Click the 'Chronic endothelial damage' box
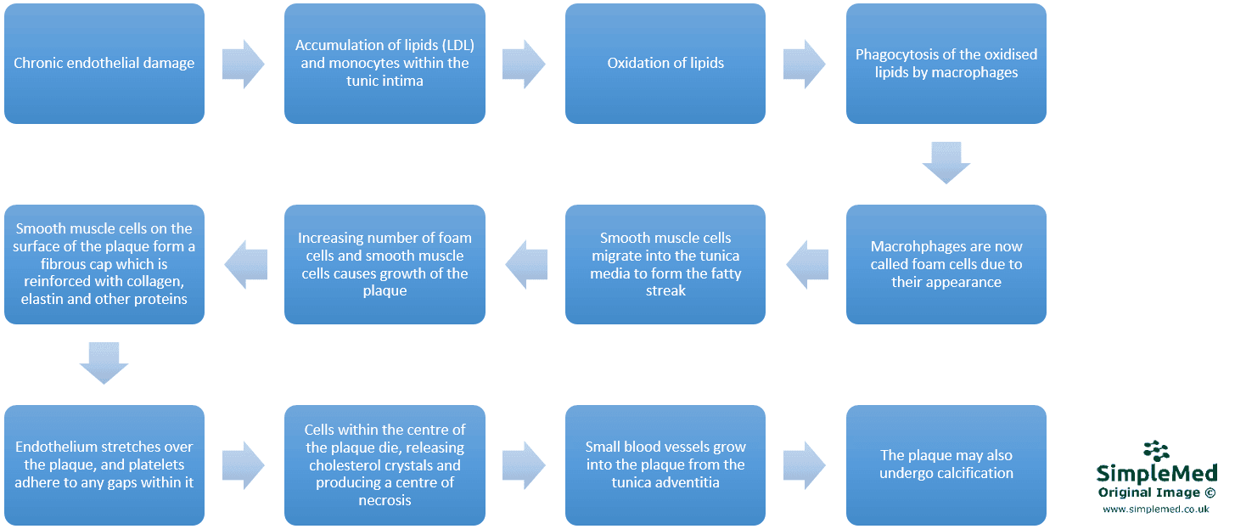tap(104, 64)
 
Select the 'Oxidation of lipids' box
tap(665, 64)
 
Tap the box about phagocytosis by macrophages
tap(946, 64)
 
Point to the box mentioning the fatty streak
tap(665, 264)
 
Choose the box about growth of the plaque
tap(385, 264)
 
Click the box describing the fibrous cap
tap(104, 264)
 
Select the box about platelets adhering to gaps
tap(104, 464)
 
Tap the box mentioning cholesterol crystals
tap(385, 464)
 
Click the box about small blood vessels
tap(665, 464)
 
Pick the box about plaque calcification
tap(946, 464)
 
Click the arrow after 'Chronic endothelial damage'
tap(244, 64)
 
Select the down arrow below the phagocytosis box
tap(946, 163)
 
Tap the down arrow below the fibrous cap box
tap(104, 363)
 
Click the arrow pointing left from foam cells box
tap(807, 264)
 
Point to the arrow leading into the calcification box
tap(805, 464)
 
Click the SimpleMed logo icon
tap(1156, 452)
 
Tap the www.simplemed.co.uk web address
tap(1155, 509)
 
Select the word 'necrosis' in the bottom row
tap(385, 500)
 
